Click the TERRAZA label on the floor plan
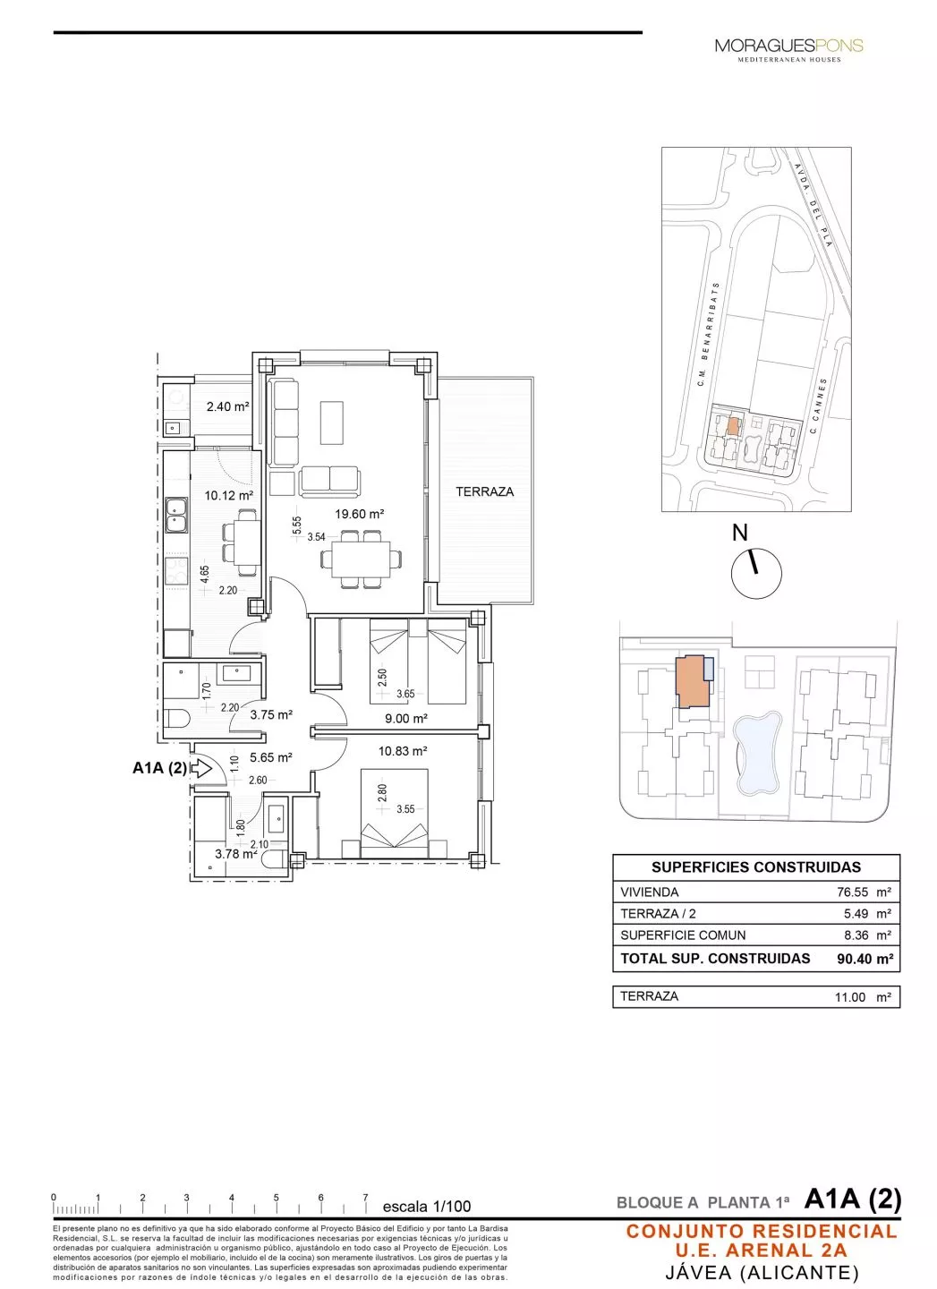(x=484, y=491)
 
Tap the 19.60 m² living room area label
(x=359, y=514)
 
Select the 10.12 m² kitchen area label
(x=228, y=495)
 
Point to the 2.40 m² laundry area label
(x=227, y=406)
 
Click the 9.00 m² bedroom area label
(x=405, y=718)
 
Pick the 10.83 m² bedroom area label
(x=402, y=751)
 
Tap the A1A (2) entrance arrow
(x=200, y=768)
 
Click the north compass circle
(x=756, y=573)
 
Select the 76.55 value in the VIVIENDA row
(x=852, y=892)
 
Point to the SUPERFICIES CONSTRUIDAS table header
(x=755, y=867)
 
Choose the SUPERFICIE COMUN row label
(x=683, y=935)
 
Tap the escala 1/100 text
(x=426, y=1206)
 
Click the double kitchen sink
(x=175, y=515)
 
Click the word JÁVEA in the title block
(x=699, y=1272)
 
